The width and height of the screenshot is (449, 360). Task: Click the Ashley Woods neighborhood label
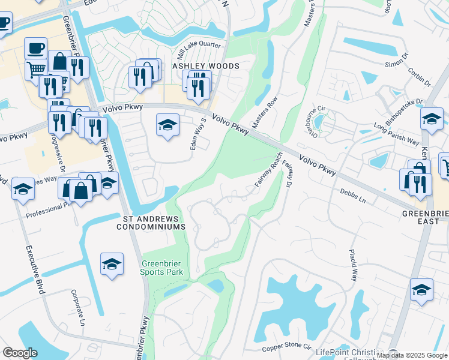[206, 66]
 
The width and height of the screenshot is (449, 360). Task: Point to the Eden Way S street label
[199, 134]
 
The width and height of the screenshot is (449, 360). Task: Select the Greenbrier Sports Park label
[165, 268]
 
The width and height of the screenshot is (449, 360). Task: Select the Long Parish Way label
[396, 133]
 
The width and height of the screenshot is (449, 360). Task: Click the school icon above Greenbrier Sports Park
[112, 264]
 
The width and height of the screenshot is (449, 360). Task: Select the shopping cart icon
[36, 68]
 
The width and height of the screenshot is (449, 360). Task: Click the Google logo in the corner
[20, 353]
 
